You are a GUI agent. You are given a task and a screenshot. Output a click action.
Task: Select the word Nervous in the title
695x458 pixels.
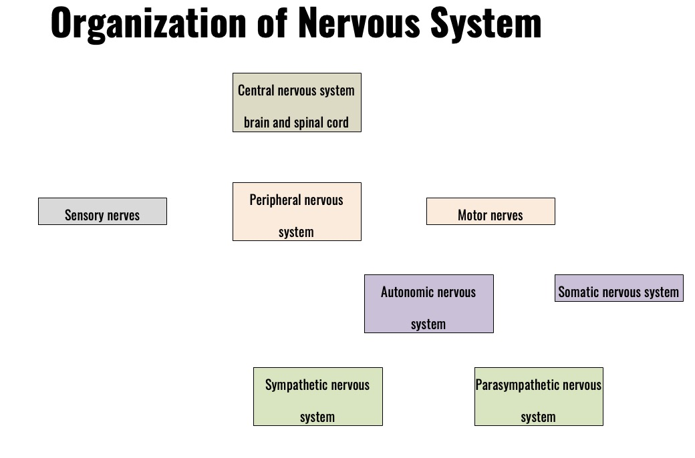359,22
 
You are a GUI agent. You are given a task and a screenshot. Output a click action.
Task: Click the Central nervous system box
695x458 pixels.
297,102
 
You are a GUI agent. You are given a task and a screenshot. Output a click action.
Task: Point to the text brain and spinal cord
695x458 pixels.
296,122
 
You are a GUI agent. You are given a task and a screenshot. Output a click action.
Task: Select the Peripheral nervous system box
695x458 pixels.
297,212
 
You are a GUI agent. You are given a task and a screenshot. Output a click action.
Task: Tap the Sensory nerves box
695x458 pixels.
102,211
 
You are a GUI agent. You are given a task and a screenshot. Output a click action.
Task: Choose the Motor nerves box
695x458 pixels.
491,211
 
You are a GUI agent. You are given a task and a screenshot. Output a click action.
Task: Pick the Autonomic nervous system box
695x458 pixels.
428,304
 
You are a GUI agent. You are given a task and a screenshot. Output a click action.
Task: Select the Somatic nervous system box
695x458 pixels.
619,288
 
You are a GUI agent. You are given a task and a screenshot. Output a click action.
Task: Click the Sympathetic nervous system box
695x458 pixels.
318,397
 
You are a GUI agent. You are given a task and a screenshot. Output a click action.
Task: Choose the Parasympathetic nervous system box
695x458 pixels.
539,397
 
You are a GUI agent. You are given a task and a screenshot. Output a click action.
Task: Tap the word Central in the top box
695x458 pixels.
256,90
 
